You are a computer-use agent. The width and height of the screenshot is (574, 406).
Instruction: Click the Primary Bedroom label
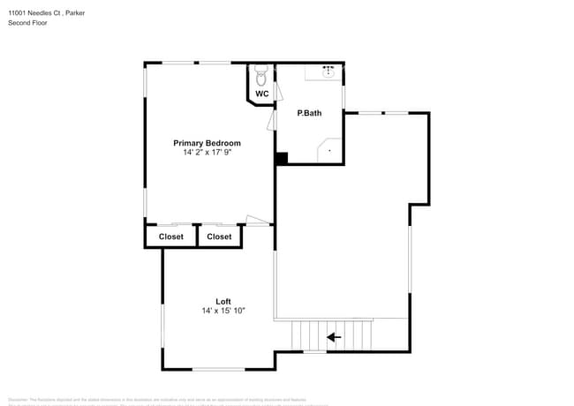point(207,143)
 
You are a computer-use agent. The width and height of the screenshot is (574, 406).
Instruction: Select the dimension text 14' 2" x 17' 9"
point(207,152)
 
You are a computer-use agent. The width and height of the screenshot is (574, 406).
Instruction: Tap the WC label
point(262,94)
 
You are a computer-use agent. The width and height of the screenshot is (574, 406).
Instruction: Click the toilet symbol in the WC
point(261,73)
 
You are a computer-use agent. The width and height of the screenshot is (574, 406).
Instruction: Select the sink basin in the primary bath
point(329,71)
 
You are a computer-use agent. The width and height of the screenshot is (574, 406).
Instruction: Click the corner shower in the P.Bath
point(329,151)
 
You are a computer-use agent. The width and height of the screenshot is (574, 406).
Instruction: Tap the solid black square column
point(281,159)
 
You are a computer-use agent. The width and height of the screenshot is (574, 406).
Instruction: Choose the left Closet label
point(170,237)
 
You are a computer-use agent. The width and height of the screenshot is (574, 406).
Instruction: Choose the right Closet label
point(219,237)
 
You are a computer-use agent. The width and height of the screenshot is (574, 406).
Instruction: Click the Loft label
point(223,302)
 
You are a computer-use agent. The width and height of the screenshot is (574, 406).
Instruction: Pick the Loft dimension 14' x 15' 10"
point(223,311)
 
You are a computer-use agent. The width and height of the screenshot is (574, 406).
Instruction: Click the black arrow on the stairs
point(334,336)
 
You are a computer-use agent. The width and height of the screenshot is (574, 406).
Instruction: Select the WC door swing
point(277,90)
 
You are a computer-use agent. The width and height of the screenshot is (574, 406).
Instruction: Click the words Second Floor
point(29,22)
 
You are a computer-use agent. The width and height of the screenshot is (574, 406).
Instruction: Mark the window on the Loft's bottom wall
point(218,368)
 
